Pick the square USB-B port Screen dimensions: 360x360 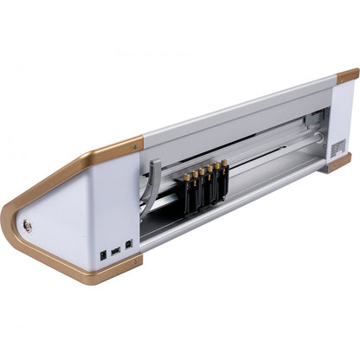click(128, 244)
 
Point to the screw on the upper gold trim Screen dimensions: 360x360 click(134, 148)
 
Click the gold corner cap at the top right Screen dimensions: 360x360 click(348, 75)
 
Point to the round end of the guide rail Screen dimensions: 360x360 click(318, 137)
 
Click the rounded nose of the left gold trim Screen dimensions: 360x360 click(10, 216)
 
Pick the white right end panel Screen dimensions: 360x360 click(343, 121)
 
